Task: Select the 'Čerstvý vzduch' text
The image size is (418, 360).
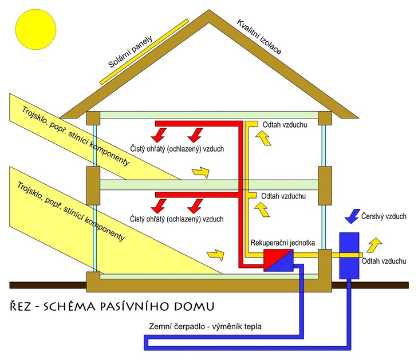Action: pos(384,217)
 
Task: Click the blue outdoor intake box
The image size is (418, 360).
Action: pos(348,255)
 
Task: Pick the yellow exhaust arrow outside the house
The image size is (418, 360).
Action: pos(373,245)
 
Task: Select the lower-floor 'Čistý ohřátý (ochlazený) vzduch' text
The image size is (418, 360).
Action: pos(177,219)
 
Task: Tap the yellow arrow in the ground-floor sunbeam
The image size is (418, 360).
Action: pos(216,252)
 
